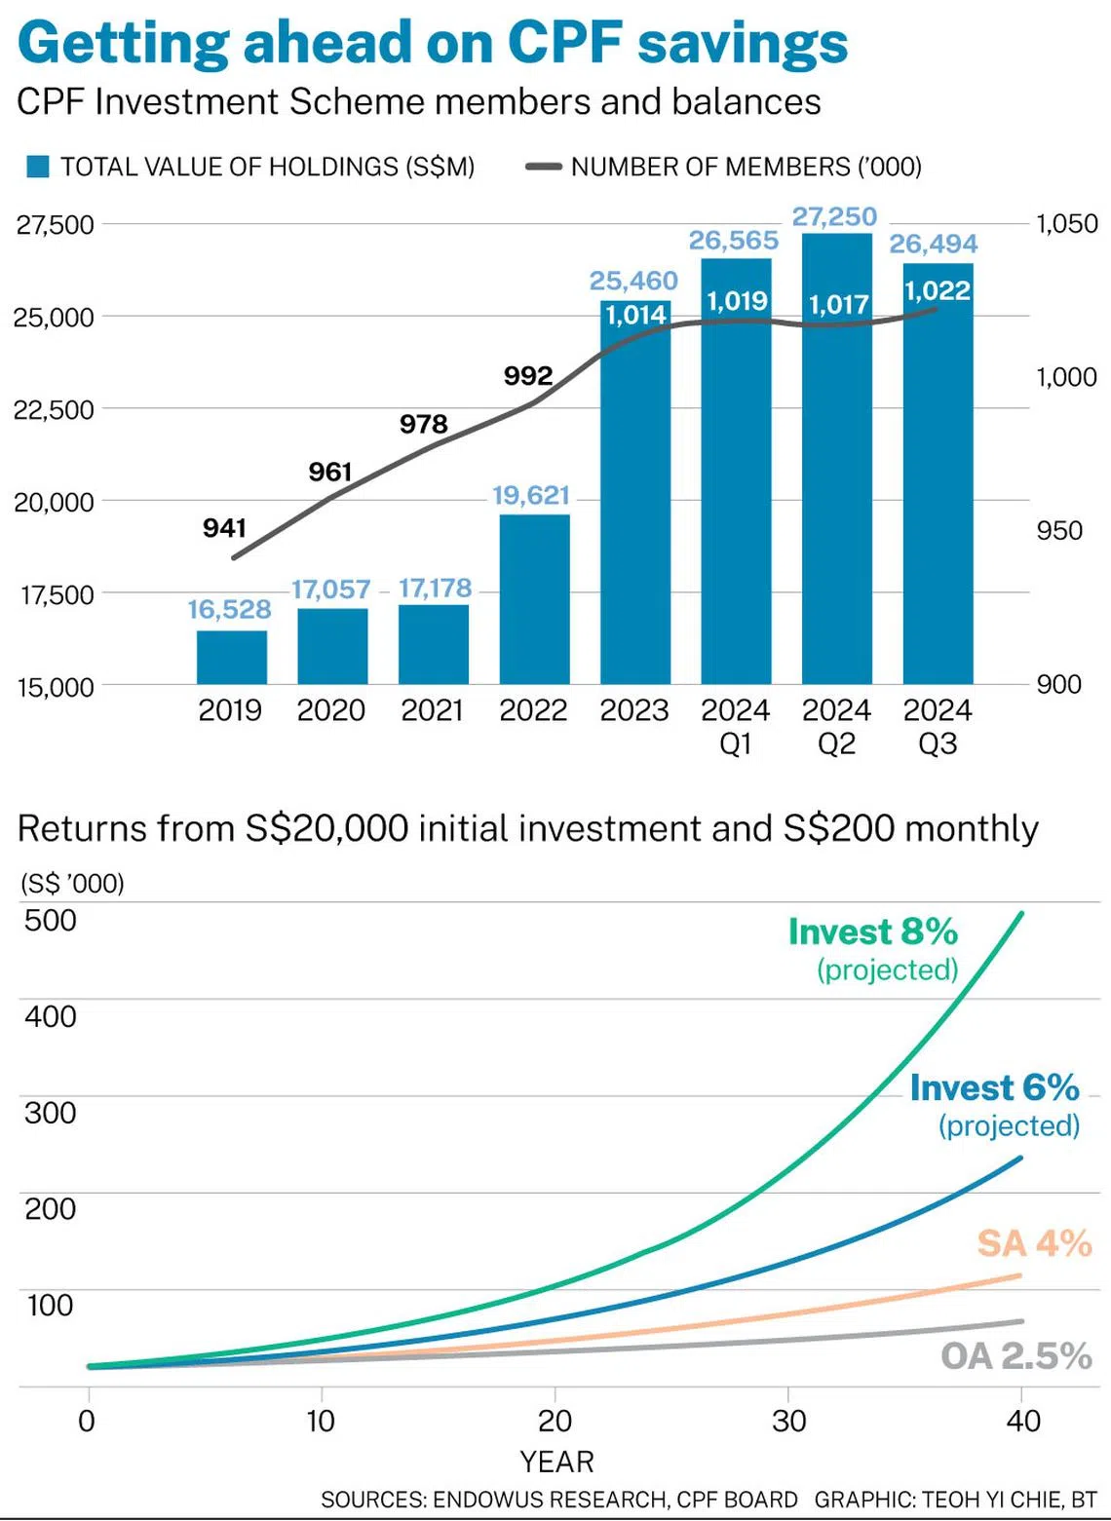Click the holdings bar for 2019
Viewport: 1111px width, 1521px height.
[232, 657]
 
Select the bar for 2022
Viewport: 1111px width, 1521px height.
[534, 598]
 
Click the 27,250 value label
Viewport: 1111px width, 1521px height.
[834, 216]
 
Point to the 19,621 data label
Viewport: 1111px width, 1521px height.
[531, 495]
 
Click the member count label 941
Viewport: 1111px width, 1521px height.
[224, 528]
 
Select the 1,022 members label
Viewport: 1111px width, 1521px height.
[938, 290]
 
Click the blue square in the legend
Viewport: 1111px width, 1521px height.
[38, 167]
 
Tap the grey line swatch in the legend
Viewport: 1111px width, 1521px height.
[543, 167]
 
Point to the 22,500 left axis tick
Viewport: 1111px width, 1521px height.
[54, 409]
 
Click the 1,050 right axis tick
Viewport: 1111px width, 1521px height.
[1066, 224]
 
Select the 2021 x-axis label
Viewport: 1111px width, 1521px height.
[432, 710]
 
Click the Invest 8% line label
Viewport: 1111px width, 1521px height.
[872, 932]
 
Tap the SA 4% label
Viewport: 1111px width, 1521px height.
[1033, 1243]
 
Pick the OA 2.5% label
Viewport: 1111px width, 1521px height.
[1015, 1355]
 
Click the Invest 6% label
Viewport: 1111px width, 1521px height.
[994, 1088]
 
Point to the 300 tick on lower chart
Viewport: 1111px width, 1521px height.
[51, 1113]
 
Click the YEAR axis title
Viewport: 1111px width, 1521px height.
[556, 1462]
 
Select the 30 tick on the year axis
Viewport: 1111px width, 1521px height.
[788, 1421]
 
